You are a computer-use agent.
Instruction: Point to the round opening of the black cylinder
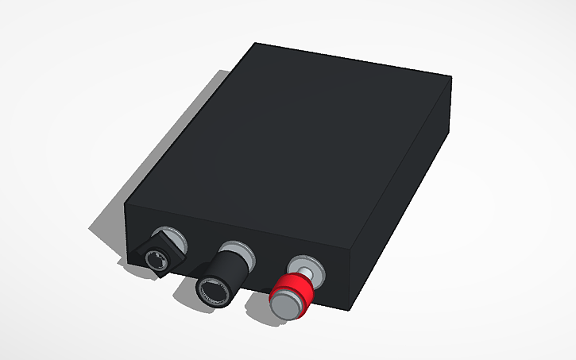213,291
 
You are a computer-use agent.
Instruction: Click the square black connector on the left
160,252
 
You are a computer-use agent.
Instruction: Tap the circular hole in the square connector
157,259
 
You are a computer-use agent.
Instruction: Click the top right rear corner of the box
451,77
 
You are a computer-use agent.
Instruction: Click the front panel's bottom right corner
349,307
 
